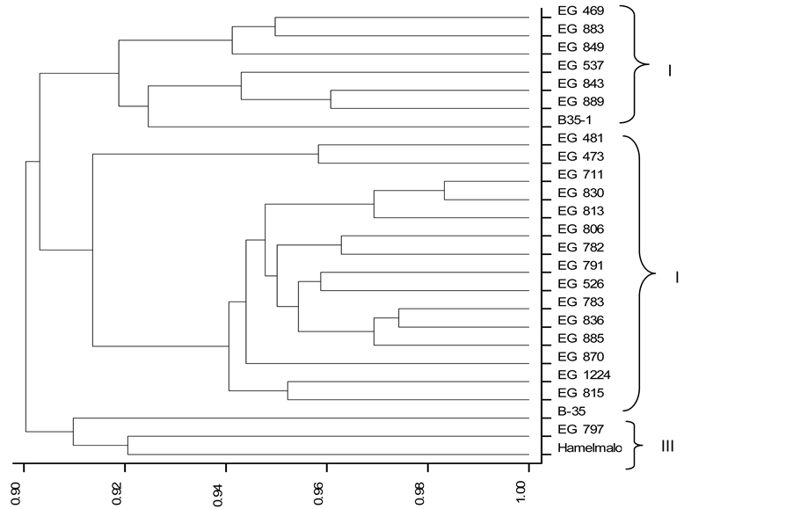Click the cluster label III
(x=667, y=447)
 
